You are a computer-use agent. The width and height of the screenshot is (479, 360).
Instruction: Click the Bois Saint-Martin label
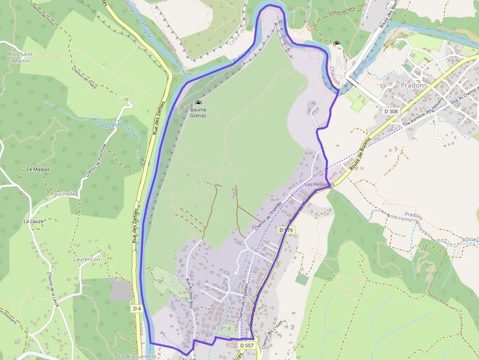(19, 57)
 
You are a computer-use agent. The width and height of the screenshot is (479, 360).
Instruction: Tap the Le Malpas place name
(38, 169)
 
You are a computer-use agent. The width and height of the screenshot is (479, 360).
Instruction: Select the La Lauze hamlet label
(34, 221)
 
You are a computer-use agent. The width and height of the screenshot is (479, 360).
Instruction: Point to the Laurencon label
(87, 259)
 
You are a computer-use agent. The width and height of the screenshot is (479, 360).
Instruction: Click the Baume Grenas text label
(198, 112)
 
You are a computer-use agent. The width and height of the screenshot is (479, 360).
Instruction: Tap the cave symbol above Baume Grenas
(198, 103)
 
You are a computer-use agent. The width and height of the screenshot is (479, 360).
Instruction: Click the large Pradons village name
(414, 85)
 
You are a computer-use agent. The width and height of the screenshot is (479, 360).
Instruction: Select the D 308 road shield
(391, 111)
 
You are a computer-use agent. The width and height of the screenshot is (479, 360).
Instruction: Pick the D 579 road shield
(287, 230)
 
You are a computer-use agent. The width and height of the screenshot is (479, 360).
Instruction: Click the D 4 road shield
(137, 308)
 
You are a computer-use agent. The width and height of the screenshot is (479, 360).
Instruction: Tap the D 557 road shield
(247, 345)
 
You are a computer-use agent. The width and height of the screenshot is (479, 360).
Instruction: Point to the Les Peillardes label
(320, 185)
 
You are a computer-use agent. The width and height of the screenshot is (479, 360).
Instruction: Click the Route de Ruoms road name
(360, 154)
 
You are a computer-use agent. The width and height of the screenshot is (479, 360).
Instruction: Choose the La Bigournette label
(137, 357)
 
